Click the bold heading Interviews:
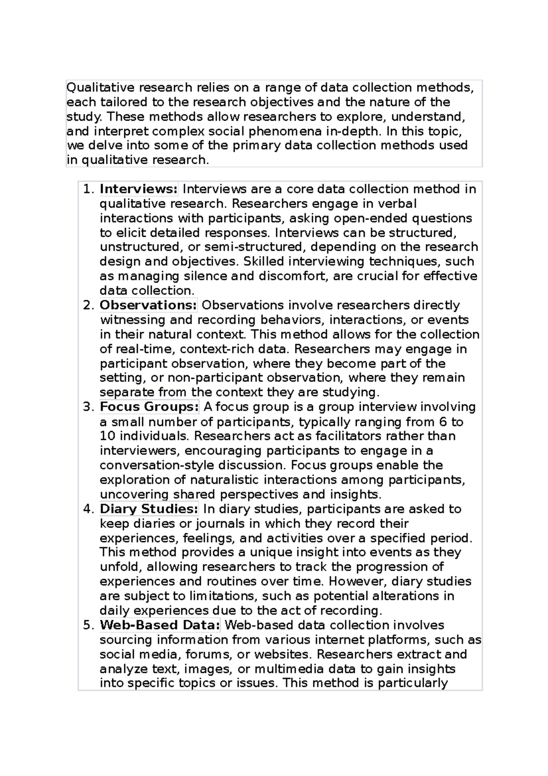(138, 189)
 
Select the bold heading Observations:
(148, 305)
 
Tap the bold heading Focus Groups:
(149, 407)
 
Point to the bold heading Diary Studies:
(149, 509)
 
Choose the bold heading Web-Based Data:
(160, 625)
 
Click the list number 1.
(88, 189)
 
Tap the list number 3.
(88, 407)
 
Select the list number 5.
(88, 625)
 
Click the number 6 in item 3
(443, 422)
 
